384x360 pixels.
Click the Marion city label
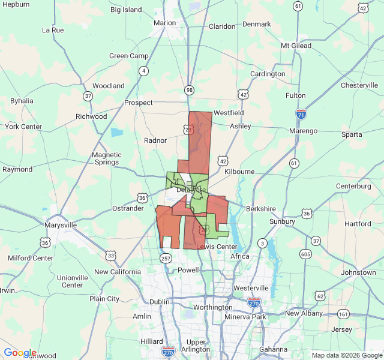[x=164, y=23]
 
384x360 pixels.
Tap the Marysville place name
[x=61, y=225]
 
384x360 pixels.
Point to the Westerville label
[x=251, y=288]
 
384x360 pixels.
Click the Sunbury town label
[x=282, y=221]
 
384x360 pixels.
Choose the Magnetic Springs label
[x=107, y=158]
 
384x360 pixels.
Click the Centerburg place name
[x=353, y=186]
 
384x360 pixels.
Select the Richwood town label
[x=91, y=116]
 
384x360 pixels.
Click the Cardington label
[x=268, y=74]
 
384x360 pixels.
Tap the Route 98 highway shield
[x=190, y=90]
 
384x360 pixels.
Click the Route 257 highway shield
[x=166, y=257]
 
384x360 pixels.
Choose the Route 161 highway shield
[x=343, y=314]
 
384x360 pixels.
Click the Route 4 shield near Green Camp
[x=143, y=71]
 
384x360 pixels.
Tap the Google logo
[x=20, y=353]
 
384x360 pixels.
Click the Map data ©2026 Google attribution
[x=346, y=355]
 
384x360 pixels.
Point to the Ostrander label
[x=128, y=208]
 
